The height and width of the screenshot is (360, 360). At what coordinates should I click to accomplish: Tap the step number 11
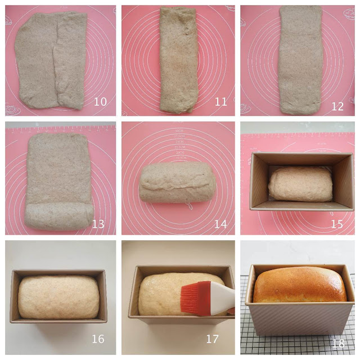click(x=220, y=102)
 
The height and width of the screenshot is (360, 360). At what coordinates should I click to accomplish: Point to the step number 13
click(x=98, y=224)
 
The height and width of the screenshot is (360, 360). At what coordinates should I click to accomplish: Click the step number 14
click(x=220, y=224)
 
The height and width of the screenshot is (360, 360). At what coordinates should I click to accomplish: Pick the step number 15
click(x=337, y=224)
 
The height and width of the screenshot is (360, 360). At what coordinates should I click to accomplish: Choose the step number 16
click(x=99, y=339)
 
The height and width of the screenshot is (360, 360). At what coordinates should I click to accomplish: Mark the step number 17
click(x=220, y=339)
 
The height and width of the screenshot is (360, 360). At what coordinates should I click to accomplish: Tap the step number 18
click(x=337, y=340)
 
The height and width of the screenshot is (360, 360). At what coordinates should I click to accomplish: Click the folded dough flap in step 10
click(x=71, y=62)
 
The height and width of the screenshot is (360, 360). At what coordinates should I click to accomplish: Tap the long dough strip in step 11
click(x=178, y=59)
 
